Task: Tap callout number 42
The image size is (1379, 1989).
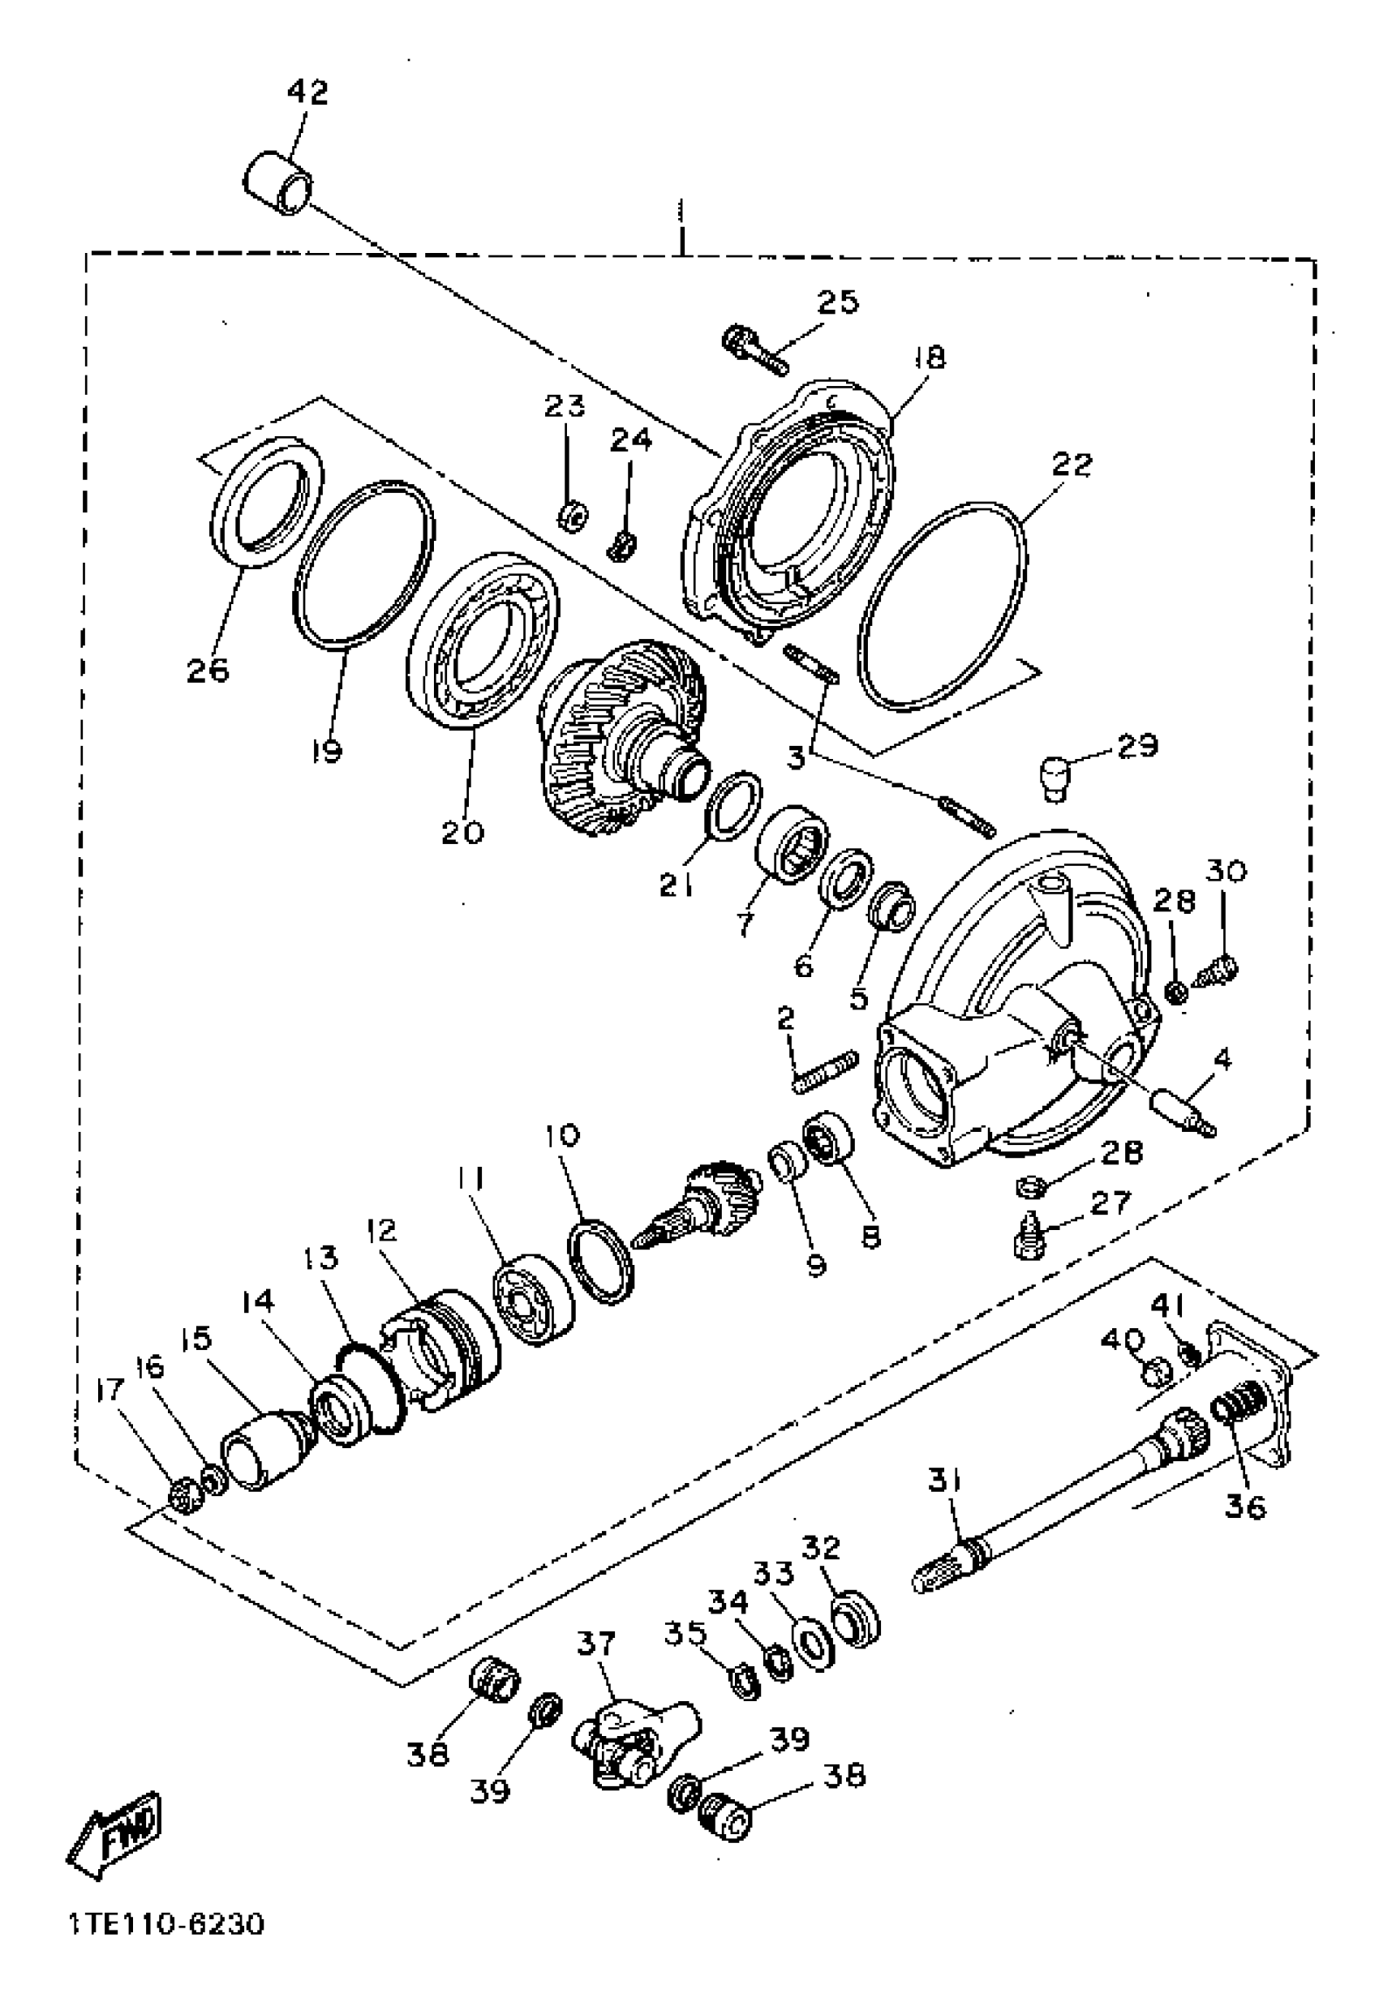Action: click(x=307, y=92)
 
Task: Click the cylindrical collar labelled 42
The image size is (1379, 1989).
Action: click(x=277, y=182)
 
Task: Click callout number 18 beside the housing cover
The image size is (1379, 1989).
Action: click(x=930, y=358)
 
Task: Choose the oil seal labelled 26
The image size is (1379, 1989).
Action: click(x=266, y=504)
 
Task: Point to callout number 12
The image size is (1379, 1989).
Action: click(x=381, y=1231)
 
